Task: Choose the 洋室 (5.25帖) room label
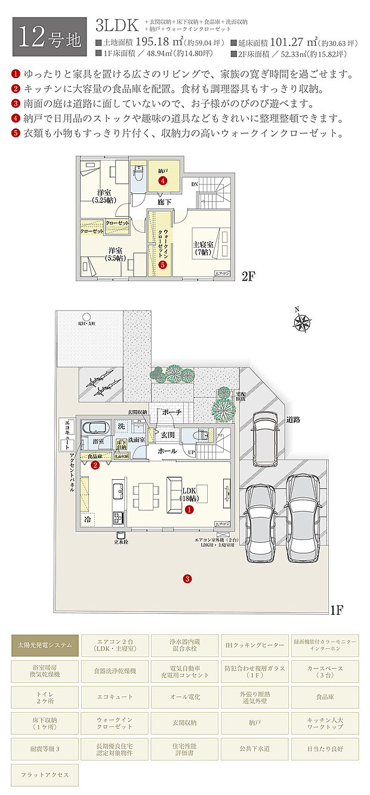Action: pyautogui.click(x=104, y=196)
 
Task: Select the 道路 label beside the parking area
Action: pyautogui.click(x=292, y=420)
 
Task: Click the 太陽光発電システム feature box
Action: pyautogui.click(x=45, y=645)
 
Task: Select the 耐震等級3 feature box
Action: pyautogui.click(x=45, y=748)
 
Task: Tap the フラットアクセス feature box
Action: pyautogui.click(x=45, y=775)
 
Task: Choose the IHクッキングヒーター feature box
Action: pyautogui.click(x=255, y=645)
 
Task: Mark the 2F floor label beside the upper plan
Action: pyautogui.click(x=248, y=276)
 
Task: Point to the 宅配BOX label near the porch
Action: pyautogui.click(x=240, y=397)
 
